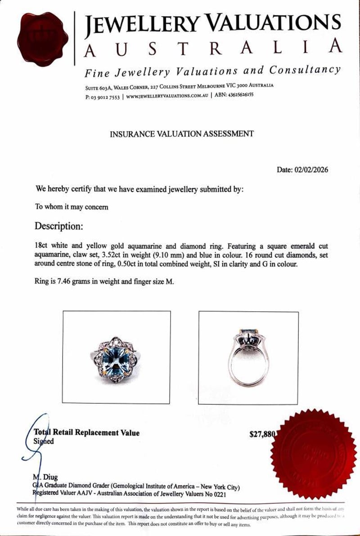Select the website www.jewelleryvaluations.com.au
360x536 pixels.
click(167, 96)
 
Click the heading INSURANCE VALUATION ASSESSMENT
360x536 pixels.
click(182, 134)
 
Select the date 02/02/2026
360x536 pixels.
click(311, 170)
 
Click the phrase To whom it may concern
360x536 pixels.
click(72, 207)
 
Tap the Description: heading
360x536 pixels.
click(59, 225)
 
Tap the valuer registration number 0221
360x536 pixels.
click(218, 494)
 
